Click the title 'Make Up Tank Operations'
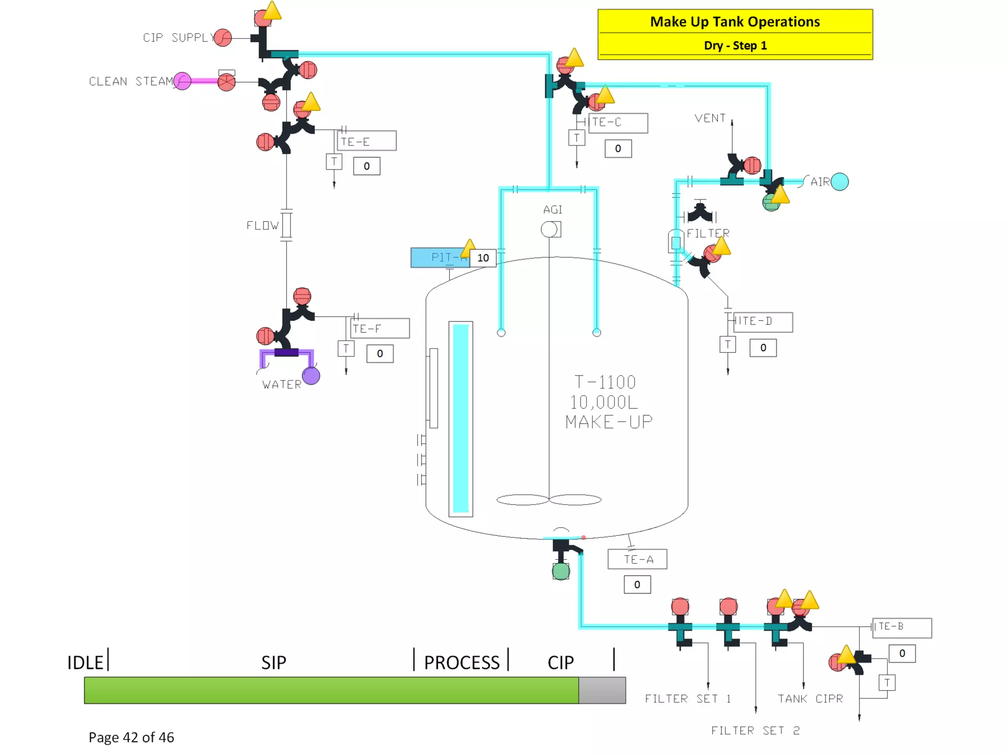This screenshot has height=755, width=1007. point(735,22)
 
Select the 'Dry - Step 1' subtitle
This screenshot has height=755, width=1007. point(735,46)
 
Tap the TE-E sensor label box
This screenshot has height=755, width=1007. point(367,141)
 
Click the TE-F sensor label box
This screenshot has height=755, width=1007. point(380,328)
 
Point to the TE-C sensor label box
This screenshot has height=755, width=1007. point(618,122)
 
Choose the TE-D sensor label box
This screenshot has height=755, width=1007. point(763,322)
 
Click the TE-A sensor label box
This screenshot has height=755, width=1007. point(637,559)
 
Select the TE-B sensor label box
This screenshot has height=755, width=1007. point(902,628)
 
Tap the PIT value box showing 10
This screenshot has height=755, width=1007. point(483,258)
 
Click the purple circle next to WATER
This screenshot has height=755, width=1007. point(311,376)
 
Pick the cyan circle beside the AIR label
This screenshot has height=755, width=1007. point(839,182)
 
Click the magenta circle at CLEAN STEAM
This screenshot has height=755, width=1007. point(182,81)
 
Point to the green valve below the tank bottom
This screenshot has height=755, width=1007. point(561,571)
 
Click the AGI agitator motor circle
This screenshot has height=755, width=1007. point(549,230)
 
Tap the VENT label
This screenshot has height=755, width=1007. point(710,118)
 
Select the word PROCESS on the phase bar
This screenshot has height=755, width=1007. point(462,663)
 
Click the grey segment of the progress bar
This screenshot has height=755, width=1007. point(602,690)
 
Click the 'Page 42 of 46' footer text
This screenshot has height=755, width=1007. point(131,737)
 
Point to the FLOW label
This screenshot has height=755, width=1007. point(263,226)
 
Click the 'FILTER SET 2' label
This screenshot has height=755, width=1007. point(755,731)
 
